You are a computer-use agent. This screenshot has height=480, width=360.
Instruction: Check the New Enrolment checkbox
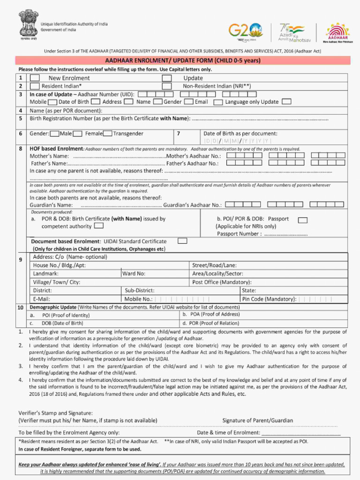tap(35, 78)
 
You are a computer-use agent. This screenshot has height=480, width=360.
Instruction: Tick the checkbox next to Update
tap(166, 78)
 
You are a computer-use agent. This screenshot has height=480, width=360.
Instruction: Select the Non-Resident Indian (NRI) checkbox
tap(166, 86)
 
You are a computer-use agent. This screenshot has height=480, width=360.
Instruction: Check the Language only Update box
tap(286, 102)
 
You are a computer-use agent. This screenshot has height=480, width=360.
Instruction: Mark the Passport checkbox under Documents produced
tap(303, 220)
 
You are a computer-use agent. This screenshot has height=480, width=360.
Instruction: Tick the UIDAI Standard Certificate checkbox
tap(183, 241)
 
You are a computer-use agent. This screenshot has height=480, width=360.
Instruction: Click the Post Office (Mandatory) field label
tap(222, 282)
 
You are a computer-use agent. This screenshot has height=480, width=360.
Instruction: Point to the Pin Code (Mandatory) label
tap(269, 299)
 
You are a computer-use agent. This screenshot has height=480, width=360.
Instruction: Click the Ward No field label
tap(134, 274)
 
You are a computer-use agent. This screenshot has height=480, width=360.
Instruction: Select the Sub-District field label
tap(140, 291)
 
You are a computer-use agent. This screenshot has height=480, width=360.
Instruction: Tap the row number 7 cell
tap(179, 134)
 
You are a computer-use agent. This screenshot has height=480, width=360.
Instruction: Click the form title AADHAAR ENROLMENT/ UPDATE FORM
tap(182, 60)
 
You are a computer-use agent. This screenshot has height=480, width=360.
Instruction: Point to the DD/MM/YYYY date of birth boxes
tap(237, 141)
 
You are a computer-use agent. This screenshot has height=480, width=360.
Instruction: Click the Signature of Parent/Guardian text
tap(257, 420)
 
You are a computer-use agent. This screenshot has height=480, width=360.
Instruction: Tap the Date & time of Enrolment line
tap(300, 433)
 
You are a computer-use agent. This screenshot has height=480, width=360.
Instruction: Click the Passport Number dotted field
tap(285, 234)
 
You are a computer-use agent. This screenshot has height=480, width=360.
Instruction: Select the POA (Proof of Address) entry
tap(211, 315)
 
